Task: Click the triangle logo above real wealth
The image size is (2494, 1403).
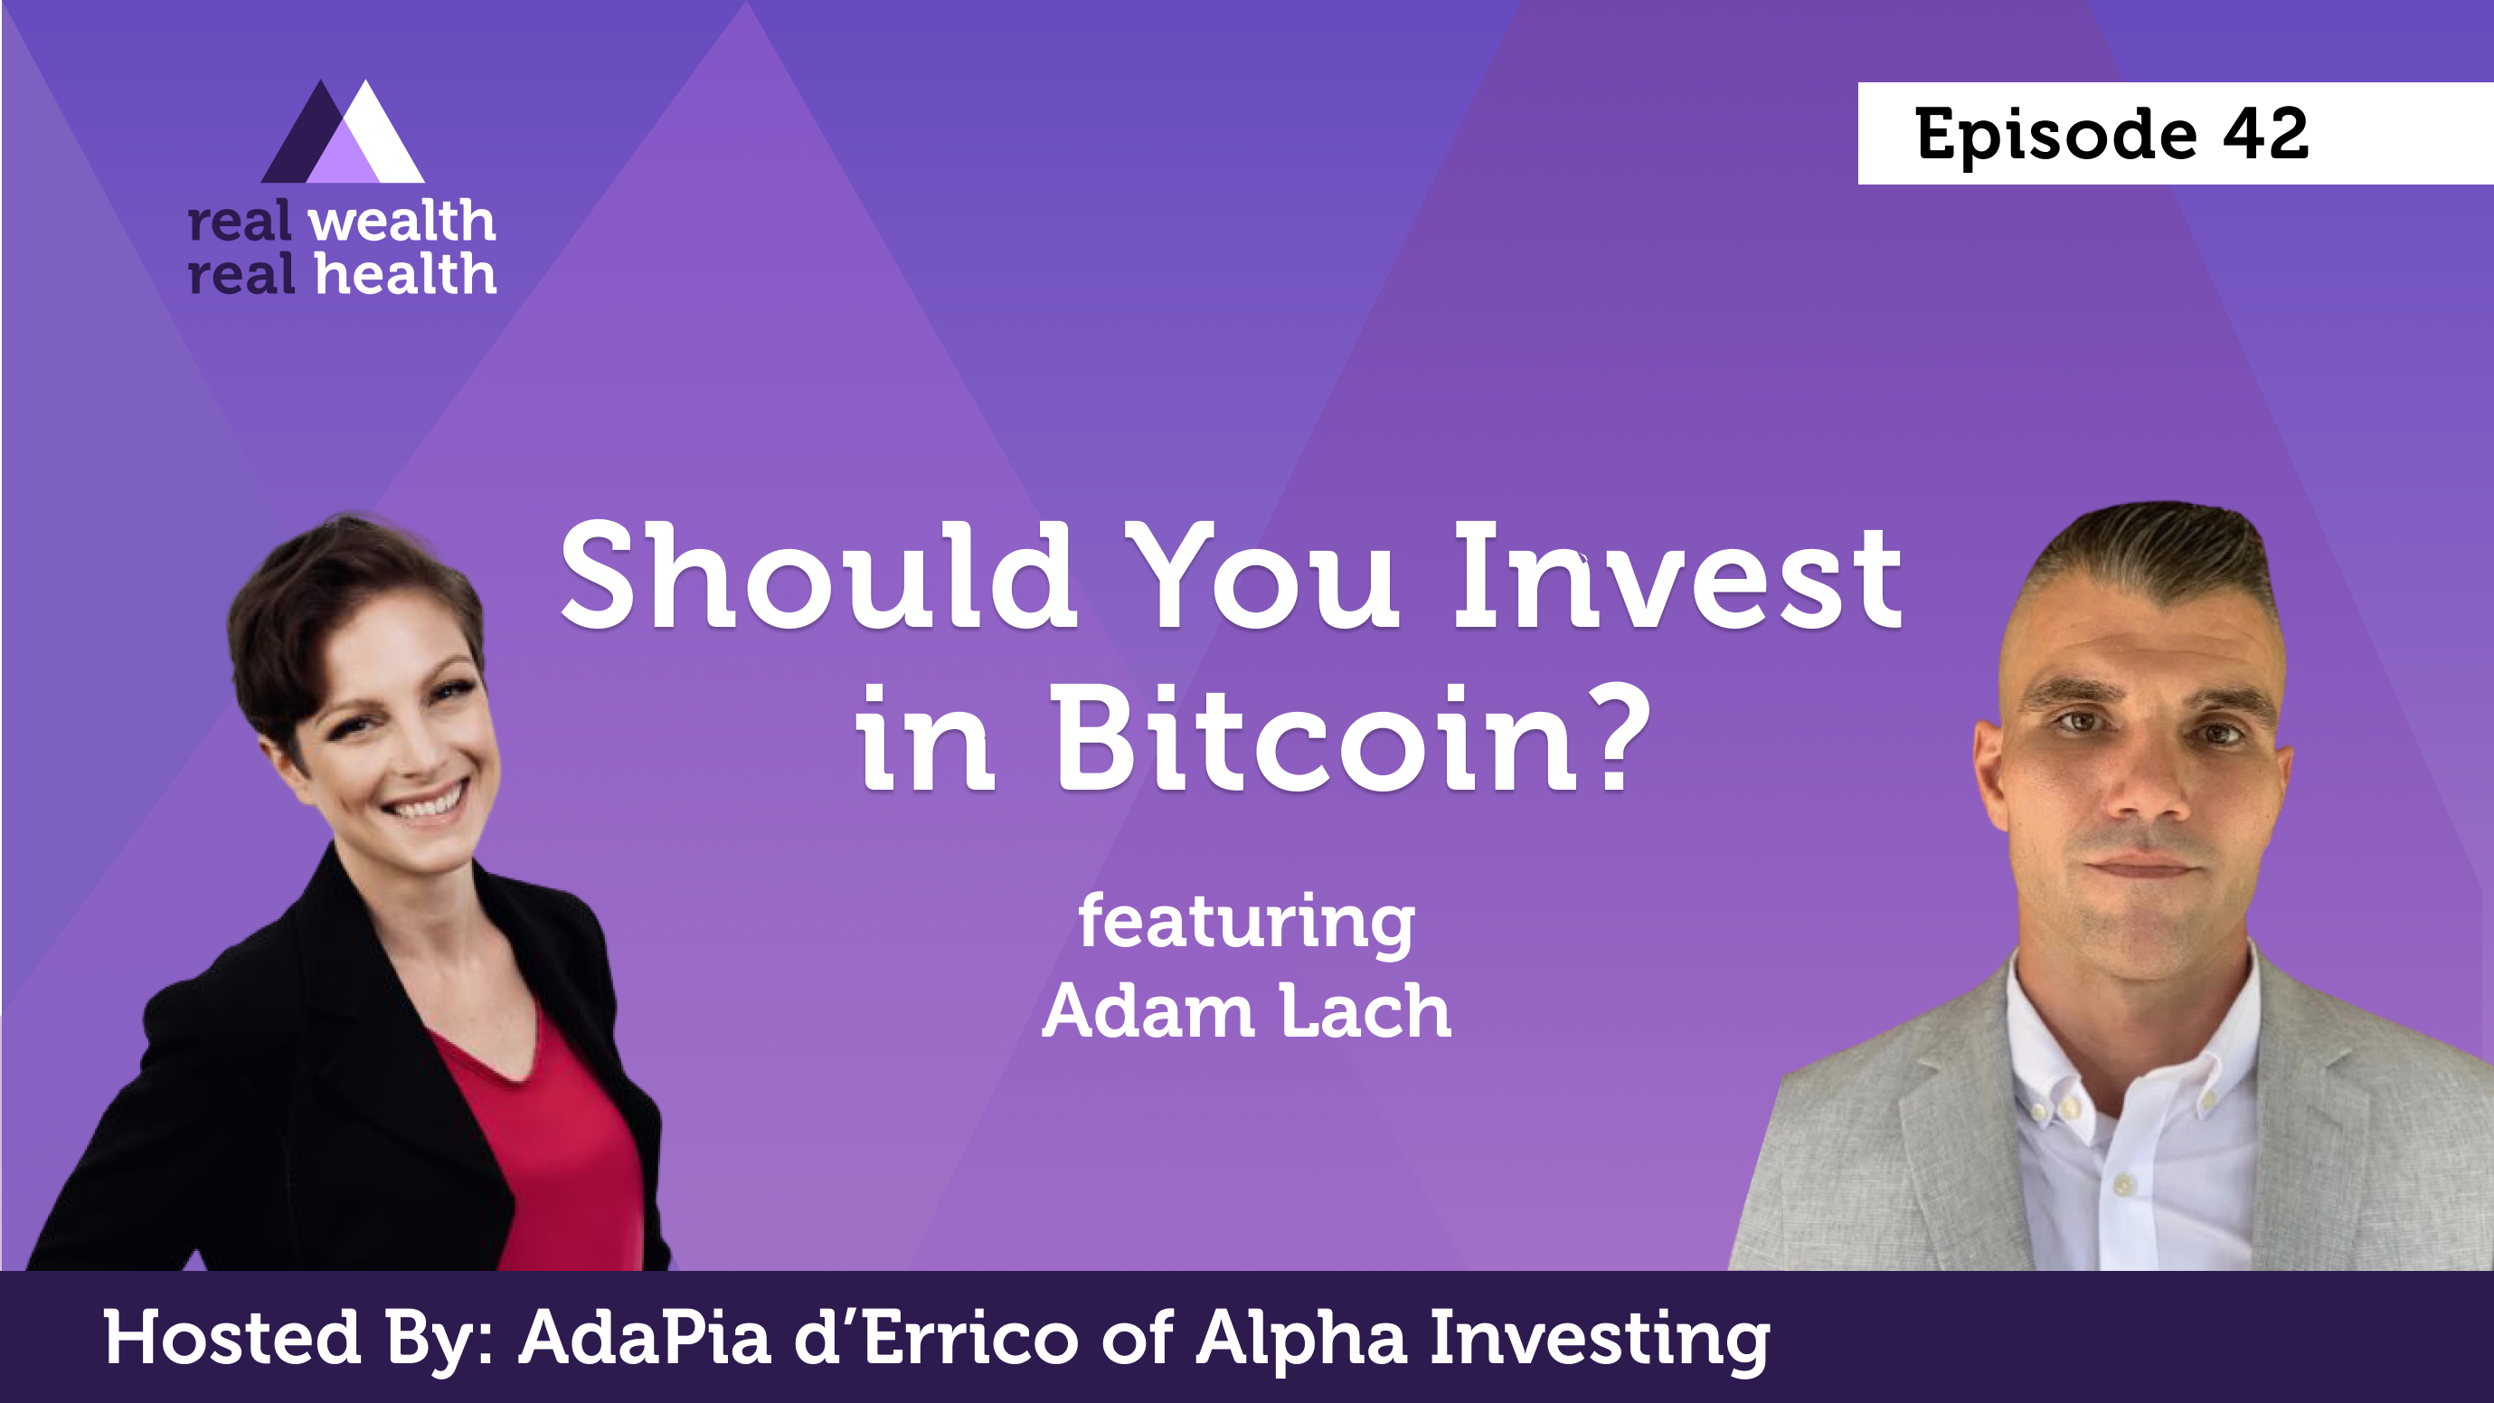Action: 343,132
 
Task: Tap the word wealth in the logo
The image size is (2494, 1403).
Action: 401,222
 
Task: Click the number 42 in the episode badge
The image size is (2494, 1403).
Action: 2265,134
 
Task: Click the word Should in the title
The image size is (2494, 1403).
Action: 818,576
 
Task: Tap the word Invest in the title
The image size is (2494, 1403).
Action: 1677,576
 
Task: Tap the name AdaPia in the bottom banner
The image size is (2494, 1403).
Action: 645,1337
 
